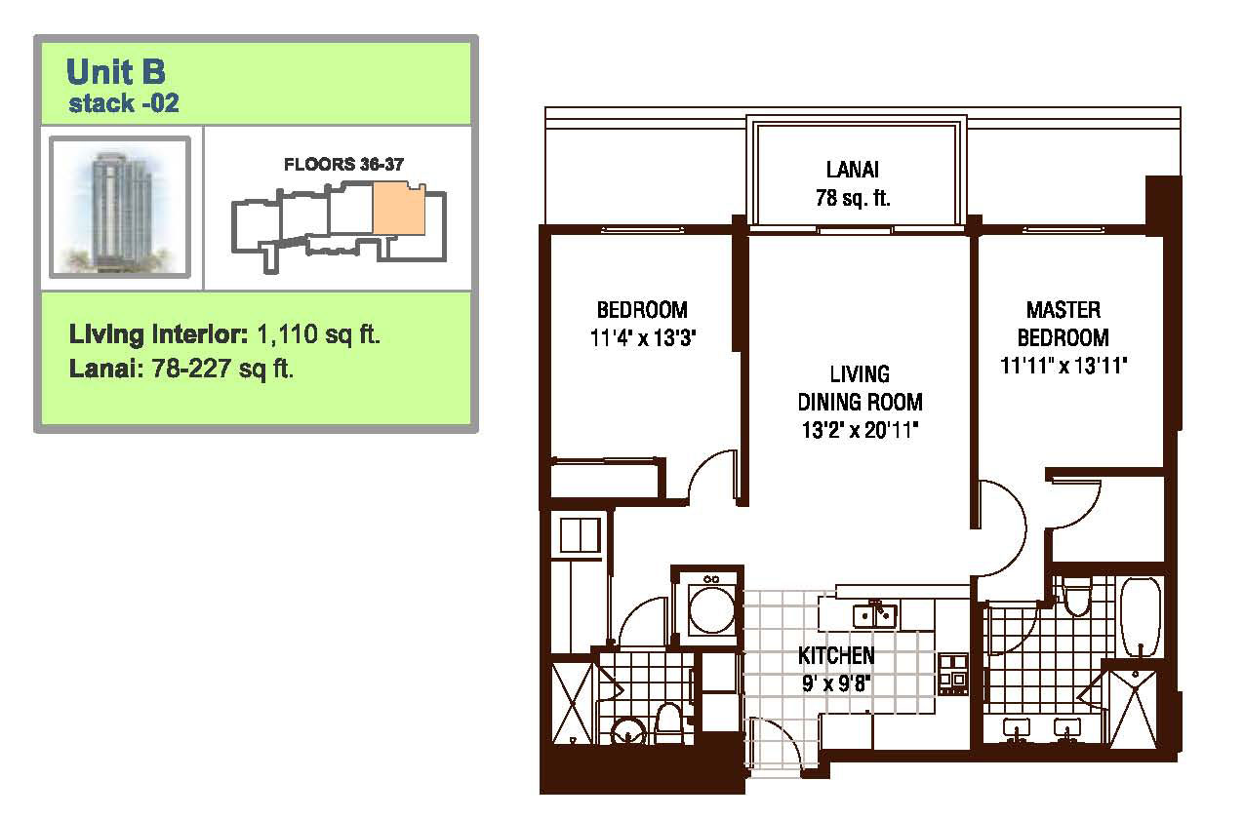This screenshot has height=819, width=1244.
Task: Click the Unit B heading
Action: (x=115, y=71)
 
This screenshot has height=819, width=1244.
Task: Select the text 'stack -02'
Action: (x=123, y=103)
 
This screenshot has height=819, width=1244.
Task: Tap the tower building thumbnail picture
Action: (x=120, y=207)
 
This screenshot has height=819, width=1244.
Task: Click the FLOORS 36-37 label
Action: (x=343, y=164)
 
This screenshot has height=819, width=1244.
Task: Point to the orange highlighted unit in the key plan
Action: (x=399, y=208)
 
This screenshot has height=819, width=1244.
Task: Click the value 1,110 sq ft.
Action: (x=319, y=334)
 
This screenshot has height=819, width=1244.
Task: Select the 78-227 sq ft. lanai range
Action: (x=222, y=369)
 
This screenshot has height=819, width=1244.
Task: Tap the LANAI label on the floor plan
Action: (x=853, y=170)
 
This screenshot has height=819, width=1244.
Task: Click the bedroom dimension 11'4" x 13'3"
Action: (x=643, y=337)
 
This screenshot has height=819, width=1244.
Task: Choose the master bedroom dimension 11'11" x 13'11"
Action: (x=1063, y=366)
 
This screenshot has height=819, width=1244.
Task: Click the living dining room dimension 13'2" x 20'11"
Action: (x=860, y=430)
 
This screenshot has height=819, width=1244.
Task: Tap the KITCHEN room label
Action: (x=836, y=656)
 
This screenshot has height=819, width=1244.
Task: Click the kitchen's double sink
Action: (x=875, y=615)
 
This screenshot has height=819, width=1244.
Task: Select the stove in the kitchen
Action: (x=953, y=674)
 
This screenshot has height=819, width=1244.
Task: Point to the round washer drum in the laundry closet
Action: (x=711, y=609)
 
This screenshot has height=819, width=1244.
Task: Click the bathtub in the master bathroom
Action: (x=1141, y=616)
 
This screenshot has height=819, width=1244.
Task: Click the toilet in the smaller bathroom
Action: (x=667, y=723)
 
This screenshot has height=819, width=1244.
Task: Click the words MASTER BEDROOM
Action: (x=1063, y=324)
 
